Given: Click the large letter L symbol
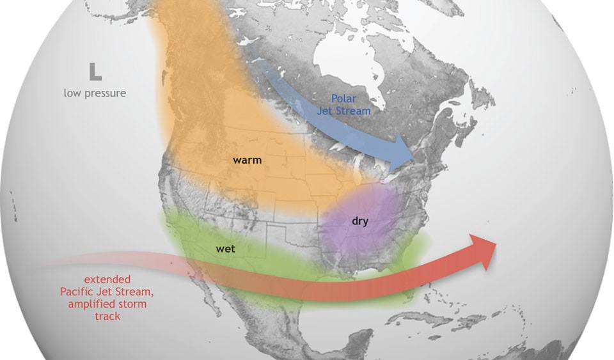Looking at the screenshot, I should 95,71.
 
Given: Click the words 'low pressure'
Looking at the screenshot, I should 95,93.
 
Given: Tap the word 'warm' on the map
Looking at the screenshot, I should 248,160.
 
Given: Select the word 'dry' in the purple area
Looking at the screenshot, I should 360,221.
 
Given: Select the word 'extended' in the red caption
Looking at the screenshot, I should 107,279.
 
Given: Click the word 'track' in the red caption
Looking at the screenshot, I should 107,316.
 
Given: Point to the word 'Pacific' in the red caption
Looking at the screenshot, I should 79,292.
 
